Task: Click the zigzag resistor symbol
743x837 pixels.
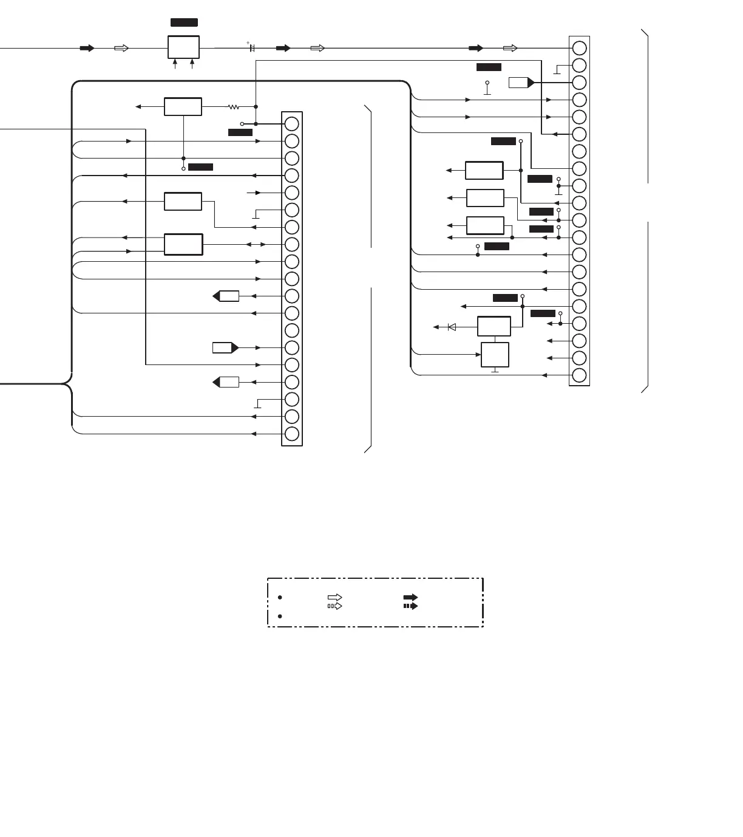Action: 234,107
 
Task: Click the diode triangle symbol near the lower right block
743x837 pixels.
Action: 452,327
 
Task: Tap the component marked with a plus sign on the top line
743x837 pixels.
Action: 252,47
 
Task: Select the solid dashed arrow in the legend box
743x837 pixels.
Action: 410,606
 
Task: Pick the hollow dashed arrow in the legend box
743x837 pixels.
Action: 334,606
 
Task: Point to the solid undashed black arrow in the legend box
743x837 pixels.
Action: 410,598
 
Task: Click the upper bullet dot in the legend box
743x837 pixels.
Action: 280,598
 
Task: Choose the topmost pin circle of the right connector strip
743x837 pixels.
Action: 580,48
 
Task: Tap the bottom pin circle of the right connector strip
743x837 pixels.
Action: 580,375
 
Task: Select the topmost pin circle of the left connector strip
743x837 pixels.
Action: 292,124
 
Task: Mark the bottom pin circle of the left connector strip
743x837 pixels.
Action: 292,434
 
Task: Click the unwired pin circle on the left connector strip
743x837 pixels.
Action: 292,330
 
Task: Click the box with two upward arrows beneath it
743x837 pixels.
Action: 183,47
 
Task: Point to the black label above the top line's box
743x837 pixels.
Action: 184,22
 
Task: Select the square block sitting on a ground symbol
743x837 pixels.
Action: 495,355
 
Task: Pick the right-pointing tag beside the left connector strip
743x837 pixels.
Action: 225,347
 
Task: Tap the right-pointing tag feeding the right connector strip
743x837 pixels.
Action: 521,83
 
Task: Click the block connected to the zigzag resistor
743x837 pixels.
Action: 183,106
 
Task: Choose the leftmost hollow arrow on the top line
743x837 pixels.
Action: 121,48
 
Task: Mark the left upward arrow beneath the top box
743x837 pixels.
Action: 175,63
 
